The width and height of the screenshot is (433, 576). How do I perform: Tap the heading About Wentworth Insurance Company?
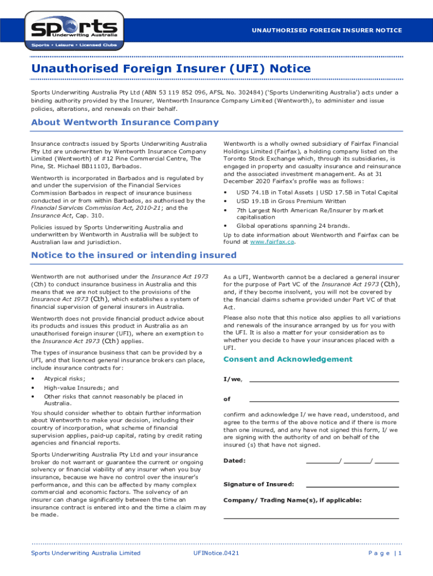(x=125, y=122)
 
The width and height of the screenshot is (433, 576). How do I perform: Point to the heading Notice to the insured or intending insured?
(x=134, y=255)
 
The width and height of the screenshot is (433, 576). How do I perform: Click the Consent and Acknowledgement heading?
(x=288, y=359)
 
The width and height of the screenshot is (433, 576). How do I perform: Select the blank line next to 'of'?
(x=323, y=400)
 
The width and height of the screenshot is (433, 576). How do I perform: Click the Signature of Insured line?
(x=352, y=484)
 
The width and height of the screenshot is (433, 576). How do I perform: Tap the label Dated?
(x=234, y=461)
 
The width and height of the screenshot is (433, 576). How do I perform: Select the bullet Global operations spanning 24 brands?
(x=292, y=226)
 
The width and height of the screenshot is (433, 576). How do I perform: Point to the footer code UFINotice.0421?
(x=216, y=553)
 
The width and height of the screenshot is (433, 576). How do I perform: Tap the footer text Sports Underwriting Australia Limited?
(x=85, y=553)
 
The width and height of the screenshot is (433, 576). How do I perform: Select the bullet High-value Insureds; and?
(x=81, y=388)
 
